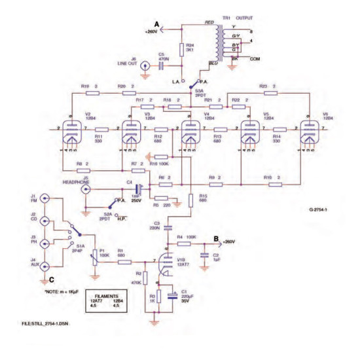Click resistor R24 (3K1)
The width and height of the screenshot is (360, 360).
[x=181, y=50]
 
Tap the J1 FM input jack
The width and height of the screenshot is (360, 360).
[x=44, y=199]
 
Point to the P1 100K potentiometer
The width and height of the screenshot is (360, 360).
[x=94, y=257]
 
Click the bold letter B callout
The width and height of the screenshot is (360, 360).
[x=217, y=238]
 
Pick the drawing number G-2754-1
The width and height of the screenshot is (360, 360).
[x=319, y=210]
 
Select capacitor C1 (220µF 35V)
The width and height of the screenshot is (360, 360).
[x=171, y=295]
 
